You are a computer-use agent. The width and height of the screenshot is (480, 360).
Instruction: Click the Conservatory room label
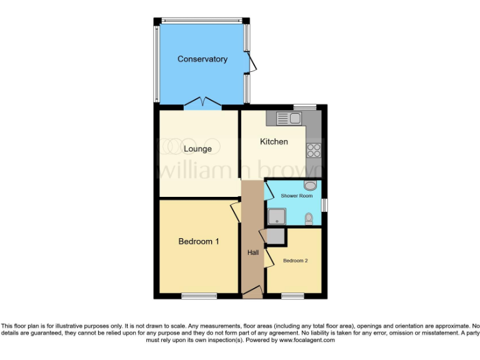202,59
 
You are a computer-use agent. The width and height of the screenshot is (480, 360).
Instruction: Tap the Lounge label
197,149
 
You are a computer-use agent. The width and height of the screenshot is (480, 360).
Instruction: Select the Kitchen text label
274,142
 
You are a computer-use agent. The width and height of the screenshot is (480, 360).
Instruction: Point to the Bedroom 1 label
198,242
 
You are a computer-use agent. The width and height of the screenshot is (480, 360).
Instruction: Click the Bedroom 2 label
295,261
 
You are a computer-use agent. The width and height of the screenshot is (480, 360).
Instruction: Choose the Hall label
253,252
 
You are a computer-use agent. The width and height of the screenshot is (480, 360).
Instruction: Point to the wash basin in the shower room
309,186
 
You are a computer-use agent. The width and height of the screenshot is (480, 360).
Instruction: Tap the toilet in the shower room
309,219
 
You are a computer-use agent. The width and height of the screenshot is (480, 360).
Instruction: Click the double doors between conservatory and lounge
202,102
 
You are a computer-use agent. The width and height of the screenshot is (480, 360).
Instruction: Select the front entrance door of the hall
252,291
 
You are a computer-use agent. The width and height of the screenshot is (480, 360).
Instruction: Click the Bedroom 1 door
236,211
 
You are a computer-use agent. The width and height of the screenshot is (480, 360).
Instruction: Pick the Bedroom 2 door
268,257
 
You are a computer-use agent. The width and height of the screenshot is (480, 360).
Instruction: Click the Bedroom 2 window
292,295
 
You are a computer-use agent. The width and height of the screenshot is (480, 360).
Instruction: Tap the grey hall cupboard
275,236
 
